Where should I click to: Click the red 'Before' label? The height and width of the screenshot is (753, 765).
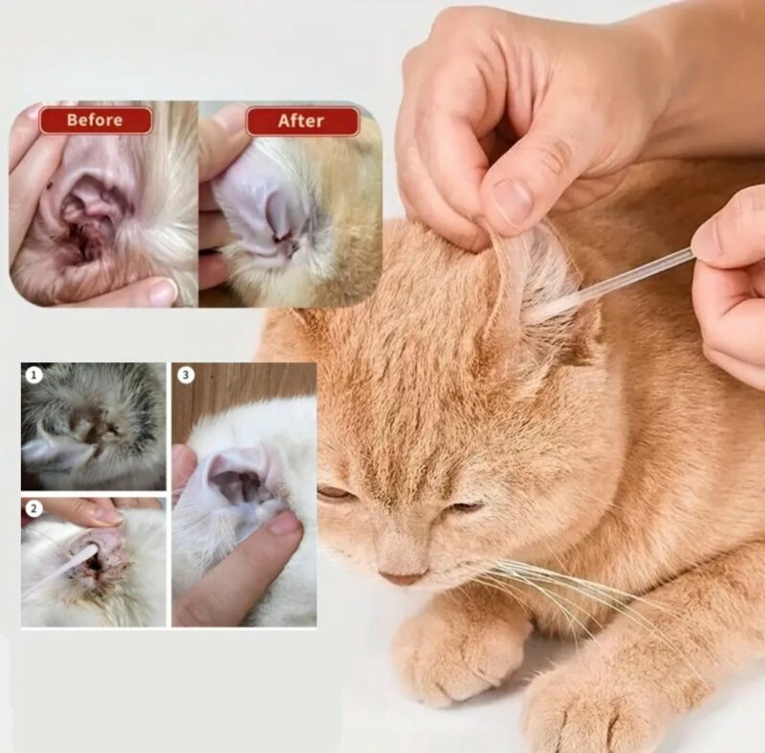pos(96,120)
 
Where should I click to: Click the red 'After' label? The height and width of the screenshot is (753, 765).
pos(302,121)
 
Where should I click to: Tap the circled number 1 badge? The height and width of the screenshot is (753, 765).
pos(33,375)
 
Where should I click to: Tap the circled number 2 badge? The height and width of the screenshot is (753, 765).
pos(33,508)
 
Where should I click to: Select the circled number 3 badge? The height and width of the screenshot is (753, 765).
pos(186,375)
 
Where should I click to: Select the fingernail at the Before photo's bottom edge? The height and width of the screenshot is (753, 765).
pos(162,292)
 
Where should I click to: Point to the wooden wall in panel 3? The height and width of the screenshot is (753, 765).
pos(244,385)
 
